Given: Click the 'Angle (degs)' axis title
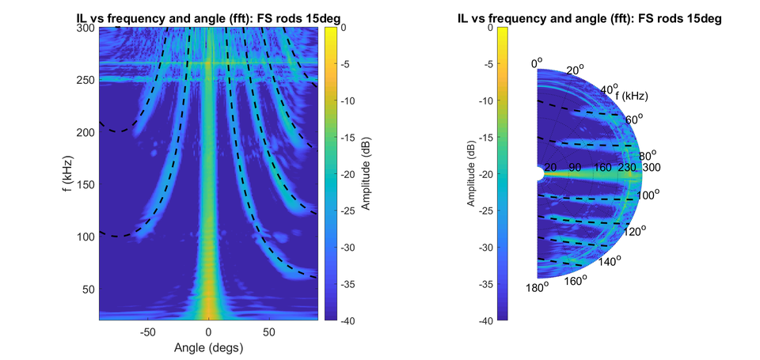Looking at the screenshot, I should (208, 347).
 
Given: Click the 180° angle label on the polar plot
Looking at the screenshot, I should (536, 287).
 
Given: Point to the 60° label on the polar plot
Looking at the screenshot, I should (633, 119).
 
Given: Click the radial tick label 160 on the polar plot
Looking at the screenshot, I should (604, 167).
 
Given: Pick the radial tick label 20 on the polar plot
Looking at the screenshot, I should (551, 167).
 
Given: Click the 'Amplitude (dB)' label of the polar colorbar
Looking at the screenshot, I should (469, 174).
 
